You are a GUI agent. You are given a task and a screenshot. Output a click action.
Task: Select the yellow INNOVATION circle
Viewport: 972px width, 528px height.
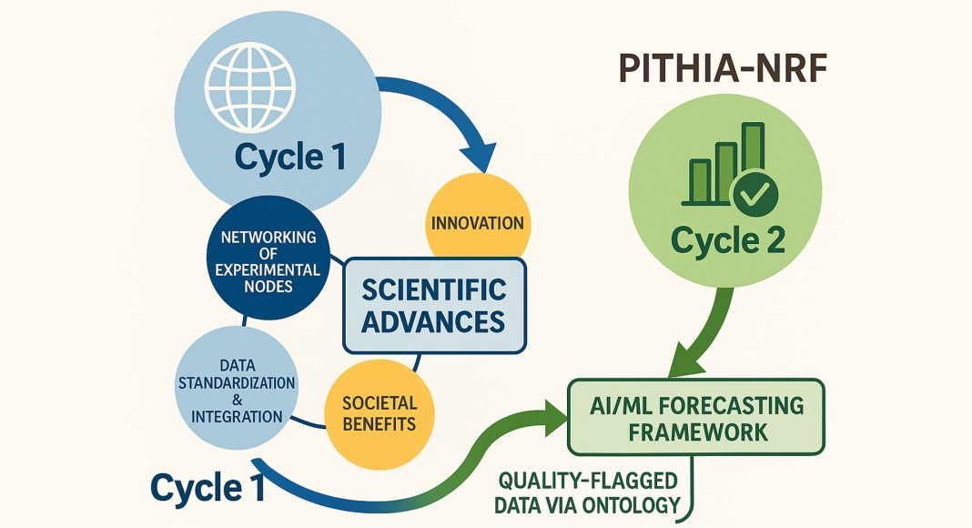click(476, 222)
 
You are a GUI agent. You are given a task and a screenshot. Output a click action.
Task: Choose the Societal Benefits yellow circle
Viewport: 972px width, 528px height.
click(379, 412)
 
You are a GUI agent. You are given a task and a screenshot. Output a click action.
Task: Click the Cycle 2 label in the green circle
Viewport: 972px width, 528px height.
click(728, 240)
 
